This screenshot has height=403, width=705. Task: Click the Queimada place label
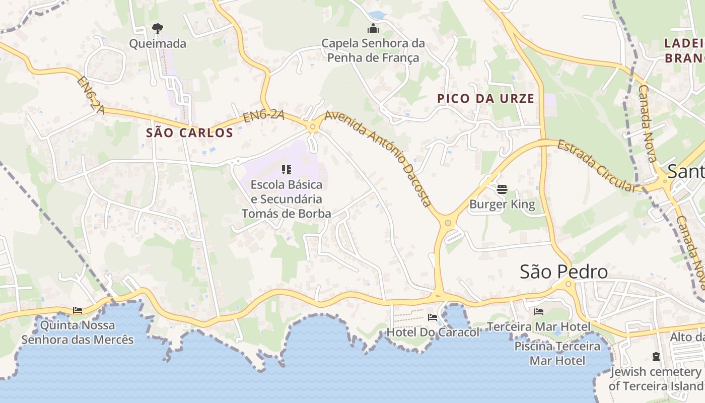point(158,44)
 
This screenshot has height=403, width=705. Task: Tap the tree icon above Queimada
point(158,28)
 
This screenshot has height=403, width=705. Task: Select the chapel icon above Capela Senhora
point(373,28)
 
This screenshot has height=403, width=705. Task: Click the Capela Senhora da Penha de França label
point(373,50)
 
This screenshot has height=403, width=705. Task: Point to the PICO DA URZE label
point(485,99)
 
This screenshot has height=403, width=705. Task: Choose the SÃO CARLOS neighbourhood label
point(189,133)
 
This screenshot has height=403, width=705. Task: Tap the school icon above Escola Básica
point(287,170)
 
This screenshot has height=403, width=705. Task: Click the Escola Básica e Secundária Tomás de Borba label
point(287,199)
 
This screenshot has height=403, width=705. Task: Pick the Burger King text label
point(502,205)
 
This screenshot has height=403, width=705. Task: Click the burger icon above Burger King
point(502,189)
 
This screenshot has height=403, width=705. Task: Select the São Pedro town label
point(563,272)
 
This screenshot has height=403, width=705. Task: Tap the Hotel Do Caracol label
point(433,332)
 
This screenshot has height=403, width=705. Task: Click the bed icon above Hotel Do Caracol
point(433,317)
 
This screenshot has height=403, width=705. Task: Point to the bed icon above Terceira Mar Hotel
point(539,312)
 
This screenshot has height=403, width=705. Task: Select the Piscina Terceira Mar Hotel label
point(557,354)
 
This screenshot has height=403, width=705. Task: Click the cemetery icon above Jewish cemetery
point(656,357)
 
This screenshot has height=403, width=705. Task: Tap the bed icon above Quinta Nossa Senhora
point(78,310)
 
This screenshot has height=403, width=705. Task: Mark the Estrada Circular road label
point(597,166)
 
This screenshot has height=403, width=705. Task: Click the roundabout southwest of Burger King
point(447,222)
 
